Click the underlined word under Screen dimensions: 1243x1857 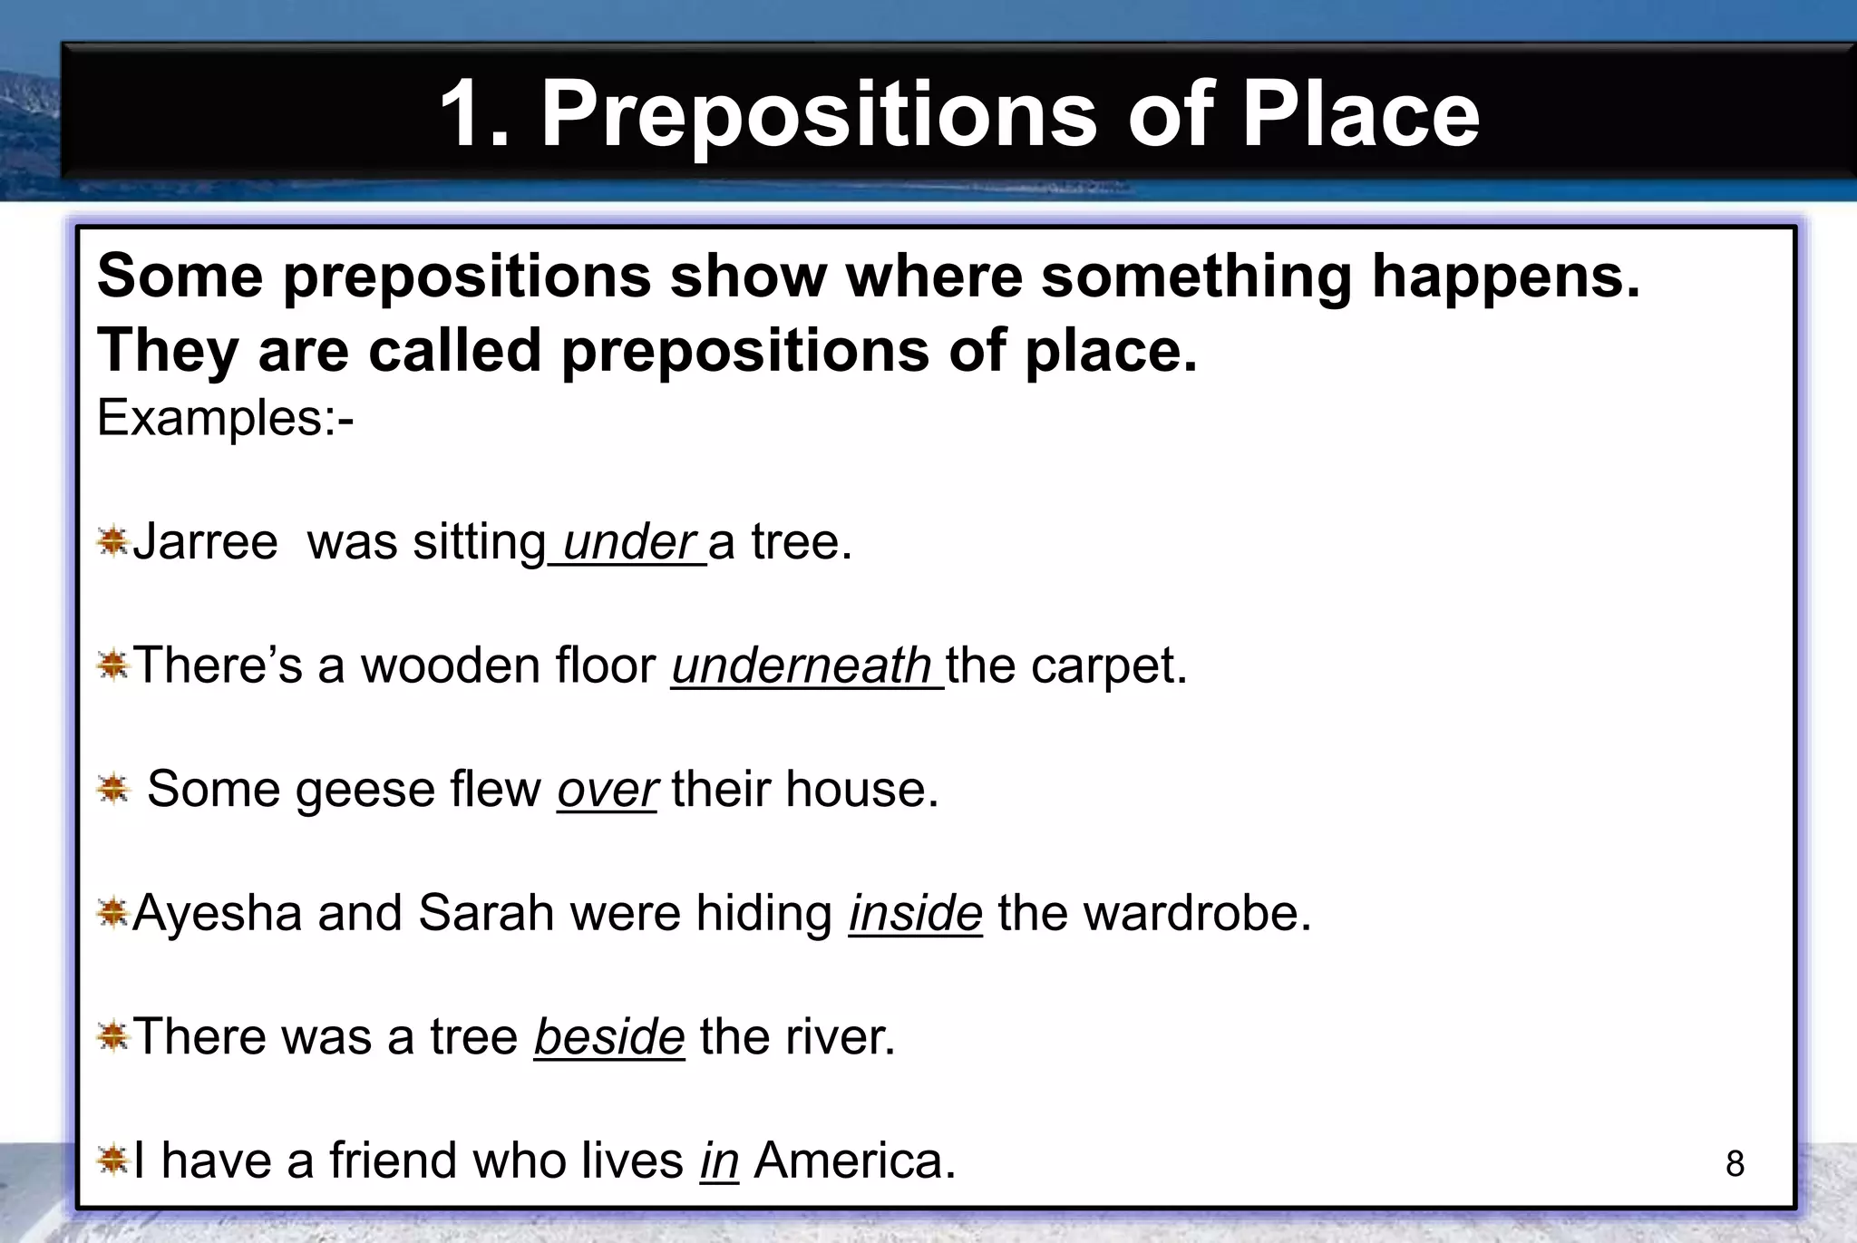tap(628, 543)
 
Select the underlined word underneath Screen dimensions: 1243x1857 tap(802, 666)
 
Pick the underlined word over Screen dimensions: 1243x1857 tap(607, 790)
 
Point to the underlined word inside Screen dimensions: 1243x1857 tap(915, 913)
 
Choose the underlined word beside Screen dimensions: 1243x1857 tap(608, 1036)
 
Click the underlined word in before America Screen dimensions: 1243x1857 tap(719, 1160)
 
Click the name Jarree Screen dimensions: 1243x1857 tap(206, 543)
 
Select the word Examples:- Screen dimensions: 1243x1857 tap(225, 419)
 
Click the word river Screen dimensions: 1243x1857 tap(840, 1036)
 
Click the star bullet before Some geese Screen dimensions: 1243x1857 tap(113, 789)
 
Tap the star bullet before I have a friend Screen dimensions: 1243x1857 tap(113, 1160)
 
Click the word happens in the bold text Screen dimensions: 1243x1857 tap(1505, 277)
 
